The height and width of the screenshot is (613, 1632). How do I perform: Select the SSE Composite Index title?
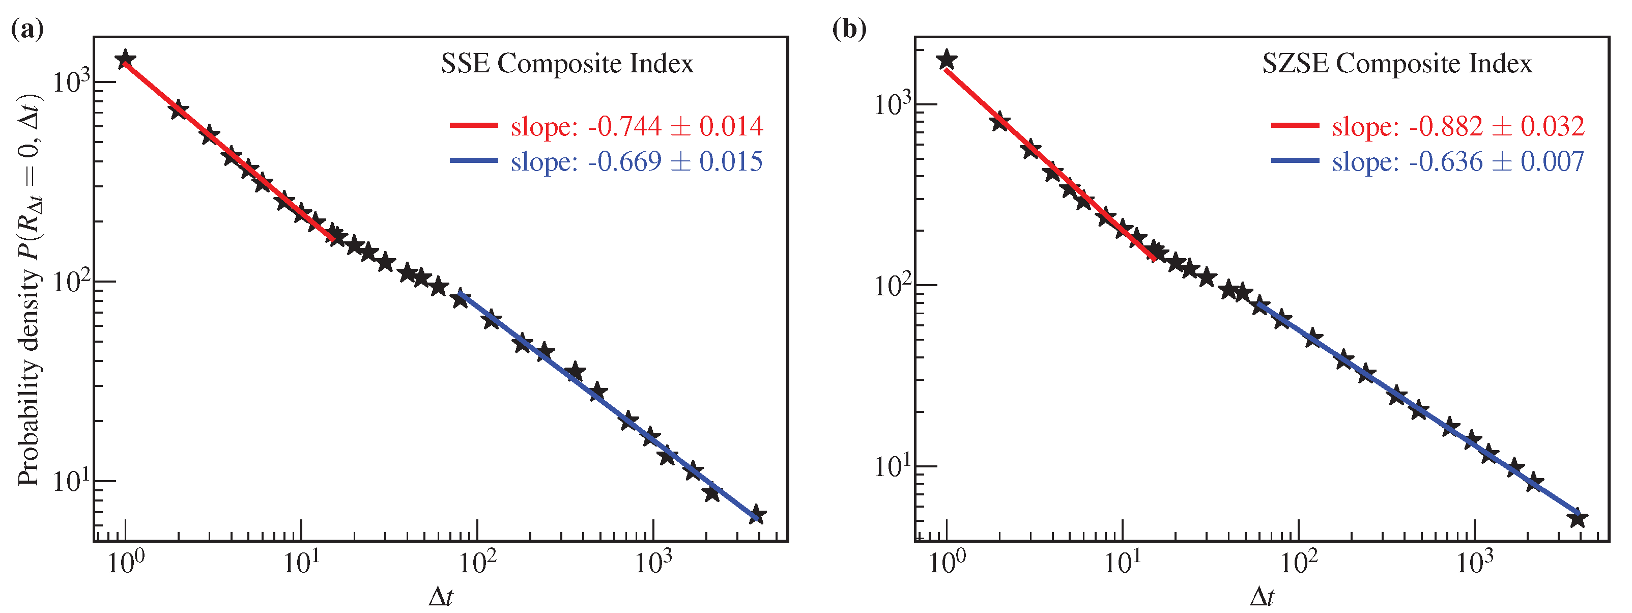click(567, 64)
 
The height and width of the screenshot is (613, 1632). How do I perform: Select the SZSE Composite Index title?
click(1396, 64)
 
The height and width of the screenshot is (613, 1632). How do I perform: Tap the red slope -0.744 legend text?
click(637, 126)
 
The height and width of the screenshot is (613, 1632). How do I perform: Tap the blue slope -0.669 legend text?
click(637, 161)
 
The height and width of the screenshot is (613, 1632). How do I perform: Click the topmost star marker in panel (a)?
click(126, 59)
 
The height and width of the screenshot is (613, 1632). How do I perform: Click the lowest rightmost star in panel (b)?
click(1578, 518)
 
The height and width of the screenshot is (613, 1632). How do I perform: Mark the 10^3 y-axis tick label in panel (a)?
click(71, 82)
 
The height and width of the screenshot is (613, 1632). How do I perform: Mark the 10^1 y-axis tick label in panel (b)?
click(892, 466)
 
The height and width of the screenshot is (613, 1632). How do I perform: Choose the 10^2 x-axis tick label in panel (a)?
click(476, 562)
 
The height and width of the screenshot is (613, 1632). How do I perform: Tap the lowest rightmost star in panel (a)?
click(756, 515)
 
